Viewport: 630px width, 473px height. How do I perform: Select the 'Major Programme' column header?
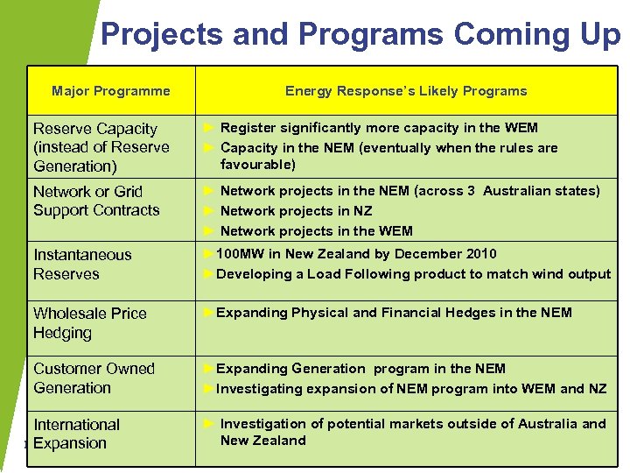(x=111, y=91)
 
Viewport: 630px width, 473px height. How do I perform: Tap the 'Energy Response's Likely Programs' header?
(x=406, y=91)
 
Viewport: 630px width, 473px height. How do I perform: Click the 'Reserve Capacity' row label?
(x=95, y=129)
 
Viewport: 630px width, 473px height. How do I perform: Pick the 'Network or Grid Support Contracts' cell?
(x=96, y=201)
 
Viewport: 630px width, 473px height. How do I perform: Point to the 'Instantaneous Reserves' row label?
(x=82, y=265)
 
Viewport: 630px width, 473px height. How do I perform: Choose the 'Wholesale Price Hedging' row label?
(x=89, y=322)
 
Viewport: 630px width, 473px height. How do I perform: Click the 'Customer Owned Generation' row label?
(x=94, y=378)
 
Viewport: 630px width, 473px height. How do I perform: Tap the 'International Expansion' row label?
(x=76, y=434)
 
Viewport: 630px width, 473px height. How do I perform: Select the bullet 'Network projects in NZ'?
(x=296, y=211)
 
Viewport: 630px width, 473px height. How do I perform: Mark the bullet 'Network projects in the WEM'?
(x=316, y=231)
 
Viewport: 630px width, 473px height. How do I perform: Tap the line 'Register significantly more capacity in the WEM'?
(x=378, y=128)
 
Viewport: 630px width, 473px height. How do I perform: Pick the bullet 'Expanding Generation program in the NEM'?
(x=360, y=369)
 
